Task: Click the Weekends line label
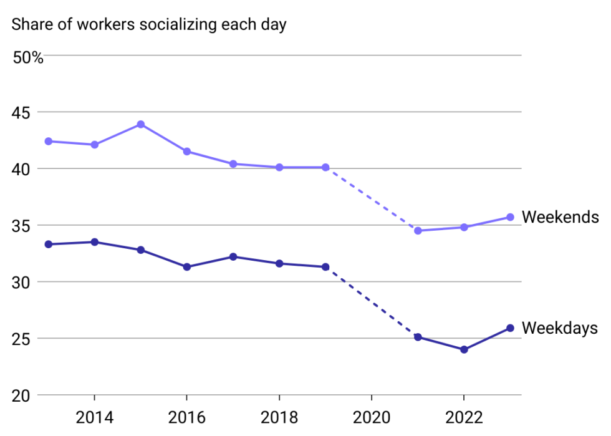pos(560,217)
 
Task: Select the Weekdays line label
pos(560,328)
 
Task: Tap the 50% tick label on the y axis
pos(28,59)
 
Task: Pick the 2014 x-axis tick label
pos(94,416)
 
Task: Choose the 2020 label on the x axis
pos(372,416)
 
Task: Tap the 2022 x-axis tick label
pos(464,416)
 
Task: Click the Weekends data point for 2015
pos(141,124)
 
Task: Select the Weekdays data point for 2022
pos(464,349)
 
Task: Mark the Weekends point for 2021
pos(418,231)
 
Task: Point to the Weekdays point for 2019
pos(325,267)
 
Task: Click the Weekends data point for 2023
pos(510,217)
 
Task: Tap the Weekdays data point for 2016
pos(186,267)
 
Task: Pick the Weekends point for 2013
pos(48,141)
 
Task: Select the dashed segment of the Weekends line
pos(372,199)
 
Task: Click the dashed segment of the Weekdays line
pos(372,302)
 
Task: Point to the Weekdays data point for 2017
pos(233,256)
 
